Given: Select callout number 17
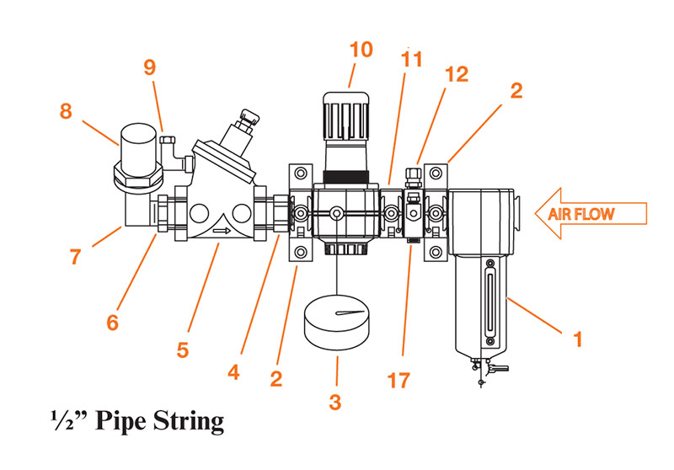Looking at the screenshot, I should [400, 381].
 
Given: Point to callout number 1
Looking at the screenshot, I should [578, 339].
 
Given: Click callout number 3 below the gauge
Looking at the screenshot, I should [334, 402].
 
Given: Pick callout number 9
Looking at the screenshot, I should [149, 68].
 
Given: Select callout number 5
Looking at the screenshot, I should [183, 347].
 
